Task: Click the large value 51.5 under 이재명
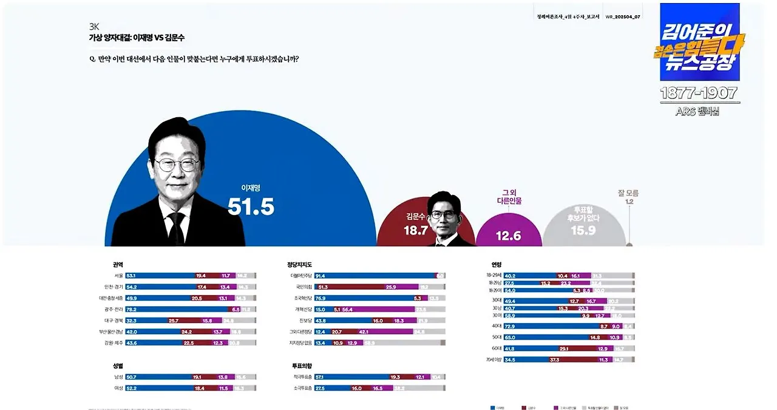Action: tap(251, 207)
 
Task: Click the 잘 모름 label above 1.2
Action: tap(628, 193)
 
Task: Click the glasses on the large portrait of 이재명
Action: tap(177, 164)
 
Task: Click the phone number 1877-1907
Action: tap(699, 93)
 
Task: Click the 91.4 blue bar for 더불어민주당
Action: tap(374, 275)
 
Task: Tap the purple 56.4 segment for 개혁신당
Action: tap(376, 309)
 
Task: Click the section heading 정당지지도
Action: tap(299, 264)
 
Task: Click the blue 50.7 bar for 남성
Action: tap(158, 377)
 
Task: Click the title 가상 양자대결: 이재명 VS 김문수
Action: tap(137, 38)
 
